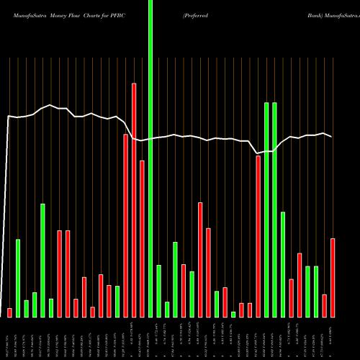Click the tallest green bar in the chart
[x=150, y=158]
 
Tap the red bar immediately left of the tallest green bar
[x=142, y=238]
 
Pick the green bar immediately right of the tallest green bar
[x=158, y=291]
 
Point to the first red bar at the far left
[x=10, y=312]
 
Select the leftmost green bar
[x=18, y=278]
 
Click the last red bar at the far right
[x=333, y=277]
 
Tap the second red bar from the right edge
[x=325, y=305]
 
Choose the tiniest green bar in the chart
[x=233, y=314]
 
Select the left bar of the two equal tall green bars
[x=266, y=210]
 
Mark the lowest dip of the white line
[x=258, y=153]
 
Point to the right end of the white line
[x=332, y=137]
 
